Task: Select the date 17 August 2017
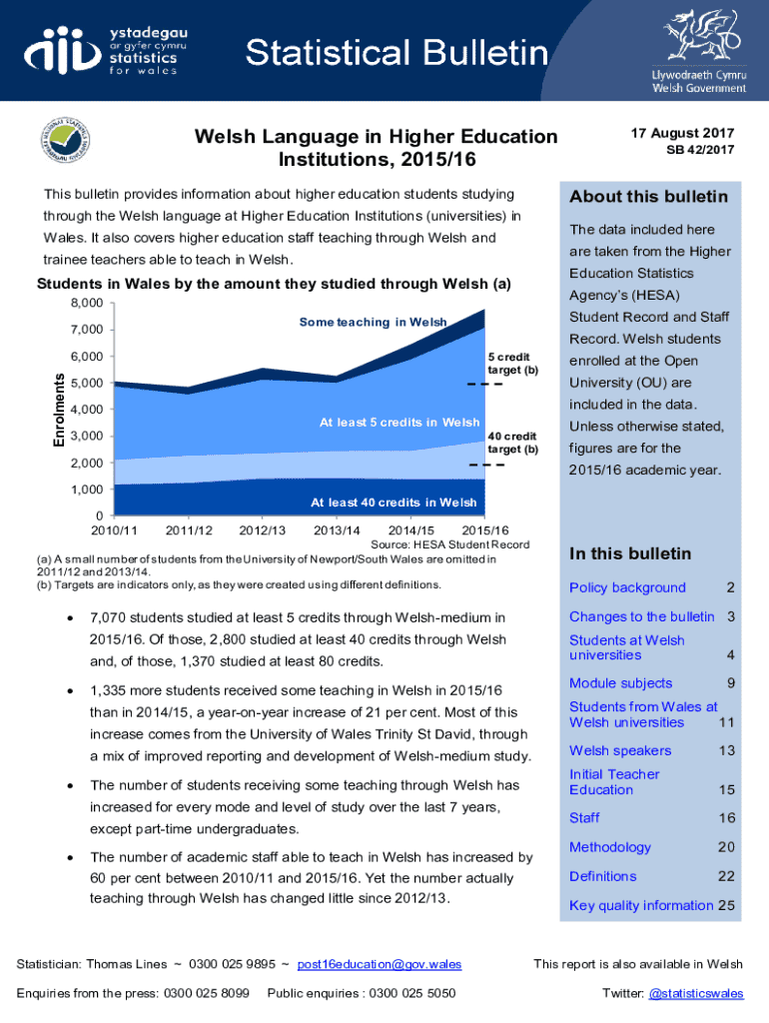[x=682, y=133]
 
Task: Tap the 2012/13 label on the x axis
[x=264, y=529]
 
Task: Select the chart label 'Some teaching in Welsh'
[x=373, y=322]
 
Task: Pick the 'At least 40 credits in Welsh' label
[x=393, y=502]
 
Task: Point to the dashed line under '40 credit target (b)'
[x=484, y=466]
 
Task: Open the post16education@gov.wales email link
[x=380, y=964]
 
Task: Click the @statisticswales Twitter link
[x=696, y=993]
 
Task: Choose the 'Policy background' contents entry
[x=627, y=587]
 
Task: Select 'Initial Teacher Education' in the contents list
[x=614, y=781]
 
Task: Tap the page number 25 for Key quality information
[x=726, y=905]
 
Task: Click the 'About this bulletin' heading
[x=648, y=197]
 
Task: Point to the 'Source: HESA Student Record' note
[x=449, y=544]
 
